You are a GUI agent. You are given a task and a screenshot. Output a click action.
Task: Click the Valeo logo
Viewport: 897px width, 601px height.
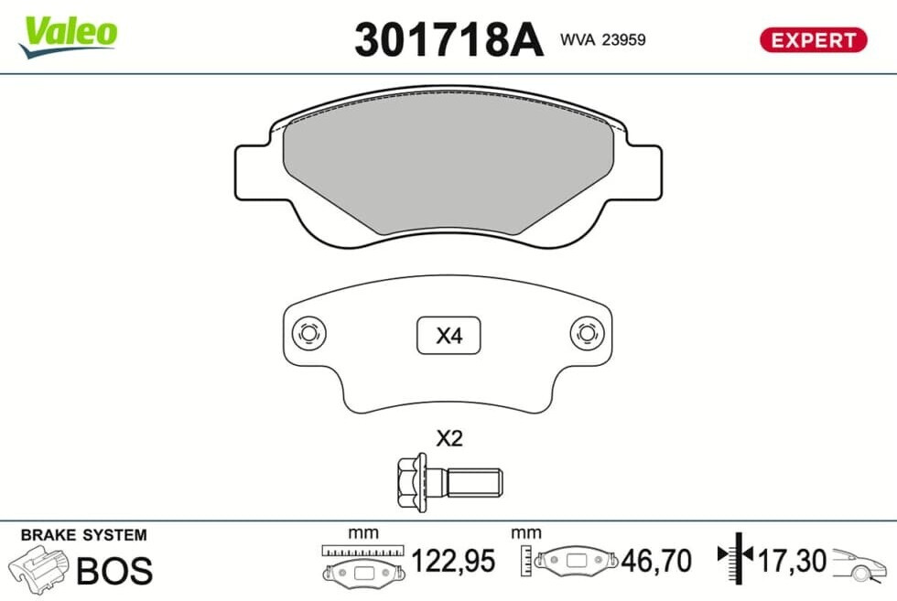(69, 36)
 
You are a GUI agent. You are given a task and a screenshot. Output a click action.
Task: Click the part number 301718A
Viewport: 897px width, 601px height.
(448, 39)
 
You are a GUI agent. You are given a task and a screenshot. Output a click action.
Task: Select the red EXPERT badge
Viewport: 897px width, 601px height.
(813, 40)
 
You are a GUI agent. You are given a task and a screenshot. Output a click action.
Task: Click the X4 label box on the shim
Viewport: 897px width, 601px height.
(448, 335)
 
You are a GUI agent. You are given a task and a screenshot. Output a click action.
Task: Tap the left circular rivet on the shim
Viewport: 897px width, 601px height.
(309, 333)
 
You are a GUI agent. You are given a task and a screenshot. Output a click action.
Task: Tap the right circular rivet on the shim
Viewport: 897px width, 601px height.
(588, 333)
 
